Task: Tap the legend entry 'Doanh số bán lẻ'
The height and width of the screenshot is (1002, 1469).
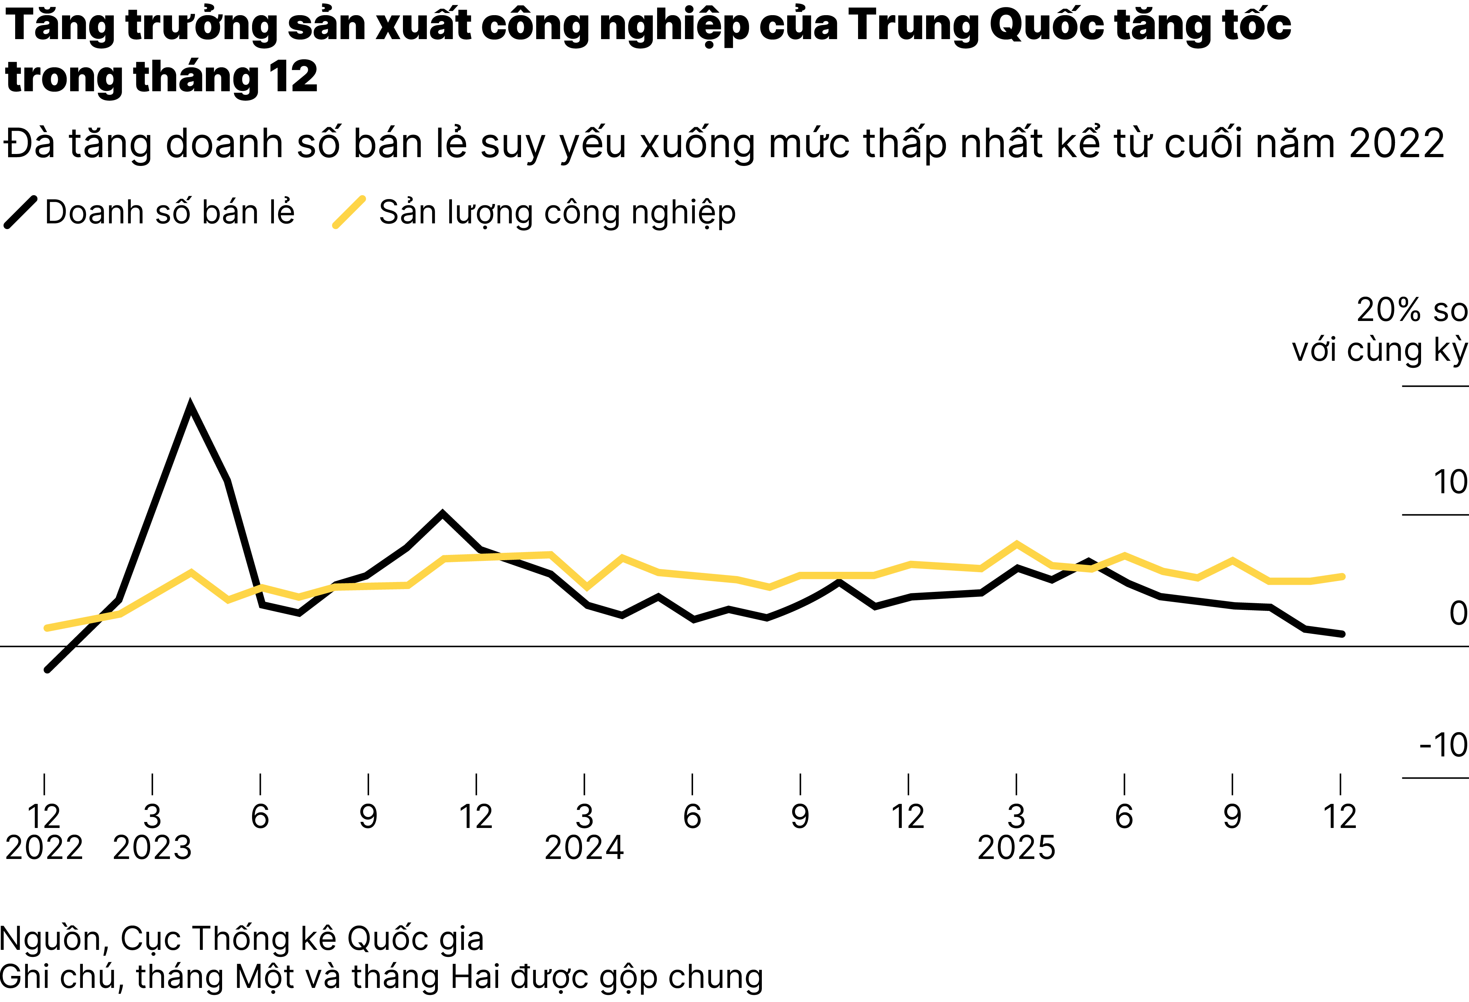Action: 170,212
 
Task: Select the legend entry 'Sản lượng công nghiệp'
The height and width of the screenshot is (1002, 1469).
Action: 557,212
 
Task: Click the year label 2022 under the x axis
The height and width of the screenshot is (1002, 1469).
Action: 44,848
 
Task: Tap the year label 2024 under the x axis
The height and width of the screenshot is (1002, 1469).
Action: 584,848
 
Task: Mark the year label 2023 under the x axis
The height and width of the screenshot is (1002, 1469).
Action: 152,848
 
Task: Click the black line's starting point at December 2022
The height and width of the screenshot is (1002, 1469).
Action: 47,669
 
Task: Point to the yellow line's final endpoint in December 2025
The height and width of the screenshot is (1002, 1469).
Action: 1342,576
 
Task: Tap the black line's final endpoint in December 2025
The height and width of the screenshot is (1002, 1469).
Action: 1342,634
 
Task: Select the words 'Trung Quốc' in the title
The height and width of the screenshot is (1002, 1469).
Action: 977,25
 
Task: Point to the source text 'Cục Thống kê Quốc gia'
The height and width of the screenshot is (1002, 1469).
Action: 302,939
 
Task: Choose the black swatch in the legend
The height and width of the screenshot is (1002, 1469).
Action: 21,212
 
